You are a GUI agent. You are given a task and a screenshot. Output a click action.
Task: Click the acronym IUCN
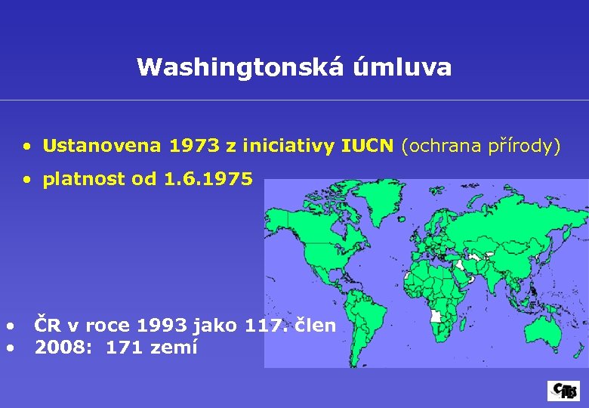click(x=367, y=146)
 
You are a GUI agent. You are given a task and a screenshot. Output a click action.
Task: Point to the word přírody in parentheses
click(x=524, y=146)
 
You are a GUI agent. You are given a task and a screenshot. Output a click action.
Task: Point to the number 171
click(x=122, y=348)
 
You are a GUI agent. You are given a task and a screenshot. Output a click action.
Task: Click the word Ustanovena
click(x=89, y=146)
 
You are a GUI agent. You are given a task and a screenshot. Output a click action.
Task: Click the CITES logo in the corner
click(x=563, y=391)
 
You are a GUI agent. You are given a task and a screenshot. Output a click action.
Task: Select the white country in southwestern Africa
click(x=435, y=315)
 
